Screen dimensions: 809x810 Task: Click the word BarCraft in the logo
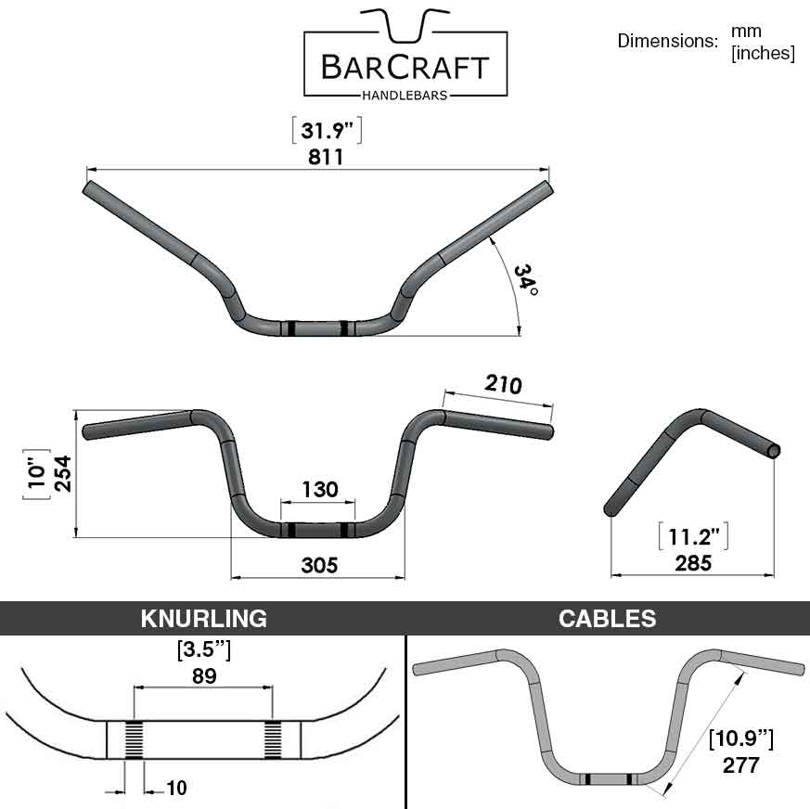406,68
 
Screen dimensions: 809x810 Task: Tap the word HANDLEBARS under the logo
406,94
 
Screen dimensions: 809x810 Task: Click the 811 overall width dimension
326,157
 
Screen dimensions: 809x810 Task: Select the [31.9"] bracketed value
326,132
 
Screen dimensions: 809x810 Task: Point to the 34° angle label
525,277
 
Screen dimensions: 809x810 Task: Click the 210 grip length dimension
503,384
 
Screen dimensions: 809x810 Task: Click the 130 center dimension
319,489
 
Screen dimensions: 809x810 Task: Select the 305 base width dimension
318,564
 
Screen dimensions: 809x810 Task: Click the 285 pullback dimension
693,562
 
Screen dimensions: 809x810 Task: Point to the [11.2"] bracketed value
693,536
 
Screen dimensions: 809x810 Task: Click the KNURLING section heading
203,619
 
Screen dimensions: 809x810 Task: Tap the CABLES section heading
608,619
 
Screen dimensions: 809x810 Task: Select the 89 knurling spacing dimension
203,675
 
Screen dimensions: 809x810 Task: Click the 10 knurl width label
176,789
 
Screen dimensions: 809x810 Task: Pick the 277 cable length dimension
739,765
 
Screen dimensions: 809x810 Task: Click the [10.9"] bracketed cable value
740,739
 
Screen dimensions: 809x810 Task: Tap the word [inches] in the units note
763,53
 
